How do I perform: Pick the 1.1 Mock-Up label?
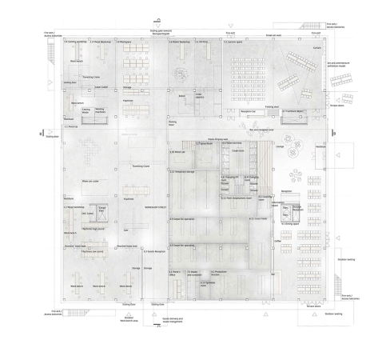[72, 126]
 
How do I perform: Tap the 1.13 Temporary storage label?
[183, 171]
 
